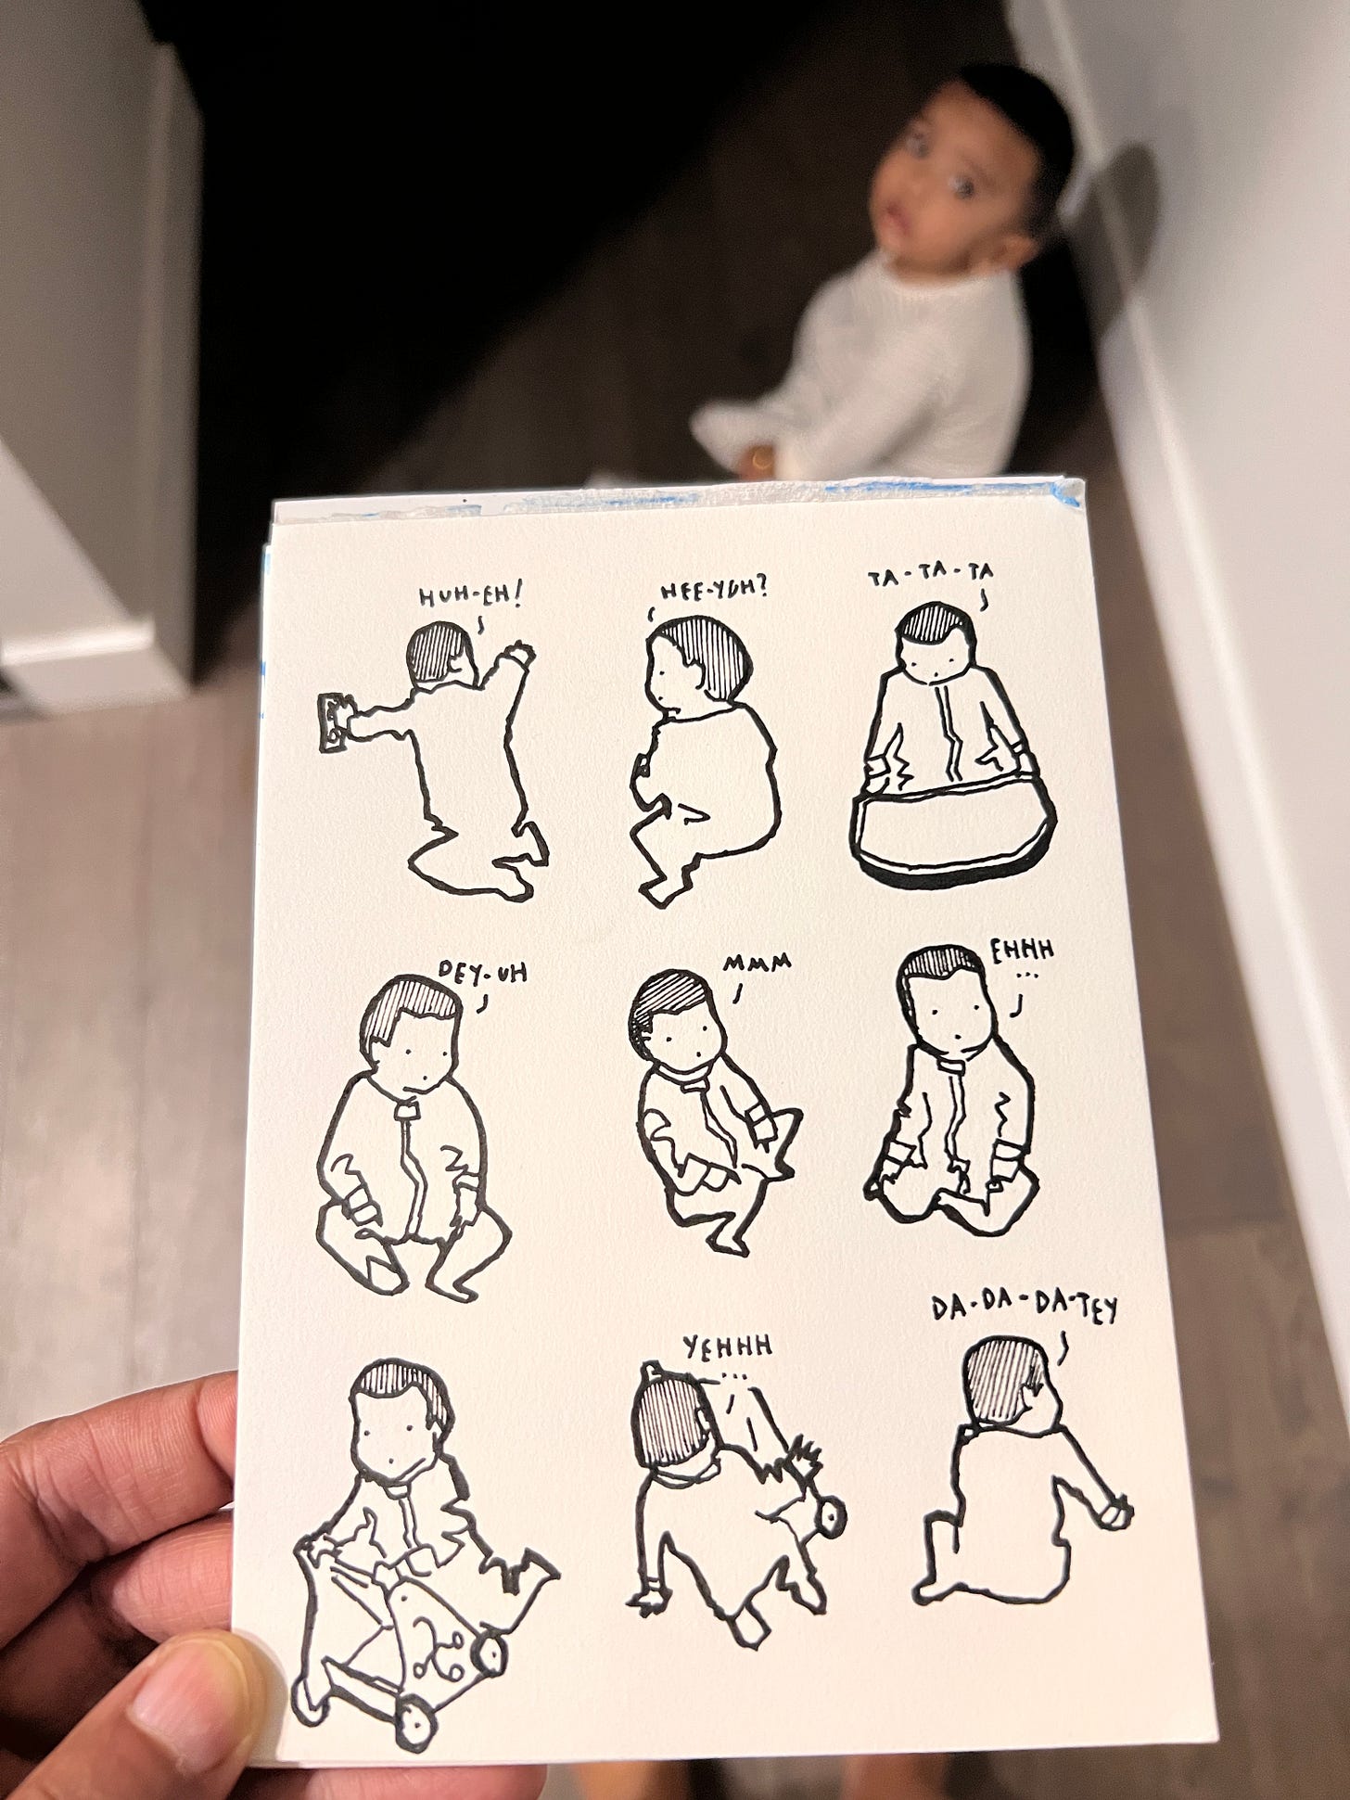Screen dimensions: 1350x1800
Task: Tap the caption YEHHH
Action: [729, 1347]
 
